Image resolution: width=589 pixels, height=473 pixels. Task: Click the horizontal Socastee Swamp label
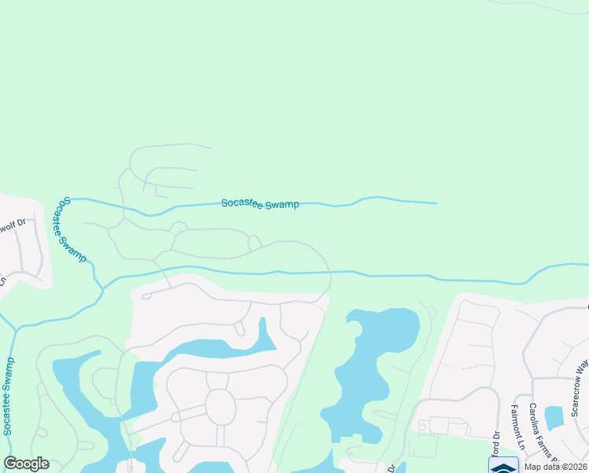click(260, 204)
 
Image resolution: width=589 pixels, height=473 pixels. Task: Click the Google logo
click(26, 464)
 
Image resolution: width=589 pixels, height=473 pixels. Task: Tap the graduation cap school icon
click(503, 466)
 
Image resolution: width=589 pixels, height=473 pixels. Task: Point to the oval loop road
click(220, 407)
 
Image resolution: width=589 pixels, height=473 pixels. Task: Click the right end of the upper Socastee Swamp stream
click(435, 203)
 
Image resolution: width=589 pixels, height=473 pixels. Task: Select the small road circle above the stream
click(179, 229)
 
